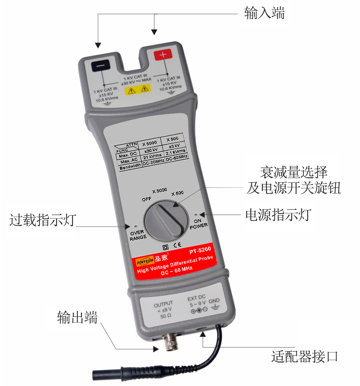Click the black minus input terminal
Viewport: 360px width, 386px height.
coord(101,65)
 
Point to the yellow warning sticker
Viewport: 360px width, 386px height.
coord(138,90)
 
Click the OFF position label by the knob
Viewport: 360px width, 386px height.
coord(147,199)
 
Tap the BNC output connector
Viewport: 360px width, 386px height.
coord(172,341)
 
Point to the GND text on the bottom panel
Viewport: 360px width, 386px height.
coord(214,301)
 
